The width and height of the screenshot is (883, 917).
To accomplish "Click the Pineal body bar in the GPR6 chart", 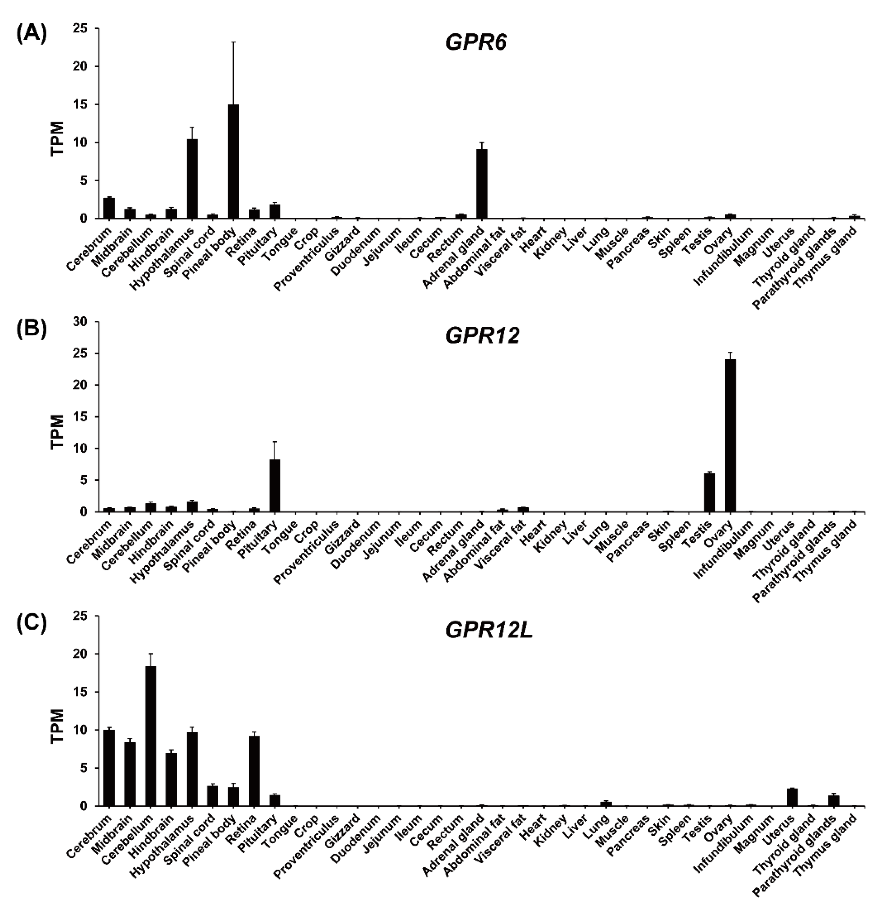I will coord(233,161).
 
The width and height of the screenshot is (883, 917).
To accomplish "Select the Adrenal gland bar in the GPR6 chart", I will coord(482,184).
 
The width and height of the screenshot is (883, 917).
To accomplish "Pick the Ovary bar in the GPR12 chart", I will coord(730,435).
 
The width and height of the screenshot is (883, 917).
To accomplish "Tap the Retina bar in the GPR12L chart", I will coord(254,771).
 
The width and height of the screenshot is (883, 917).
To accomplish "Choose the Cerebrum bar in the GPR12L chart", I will coord(109,768).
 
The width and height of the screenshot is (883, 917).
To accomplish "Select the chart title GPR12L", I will coord(489,631).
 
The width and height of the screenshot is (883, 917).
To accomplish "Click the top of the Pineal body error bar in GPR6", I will coord(233,42).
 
